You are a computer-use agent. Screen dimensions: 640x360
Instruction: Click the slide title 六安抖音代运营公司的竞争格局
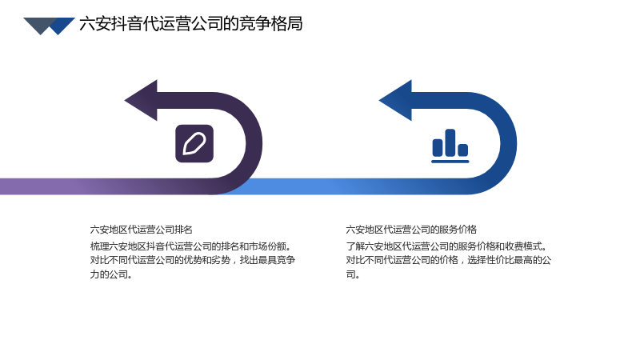(x=191, y=24)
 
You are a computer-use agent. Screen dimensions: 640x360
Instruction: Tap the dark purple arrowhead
(x=142, y=101)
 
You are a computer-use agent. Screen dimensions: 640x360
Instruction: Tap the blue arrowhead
(x=396, y=101)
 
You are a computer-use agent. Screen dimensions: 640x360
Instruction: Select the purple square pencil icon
(x=194, y=144)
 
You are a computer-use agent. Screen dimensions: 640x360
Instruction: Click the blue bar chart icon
(x=450, y=146)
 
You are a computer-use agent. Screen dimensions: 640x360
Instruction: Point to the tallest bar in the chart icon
(x=450, y=142)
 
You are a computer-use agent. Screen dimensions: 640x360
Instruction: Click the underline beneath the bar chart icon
(x=450, y=162)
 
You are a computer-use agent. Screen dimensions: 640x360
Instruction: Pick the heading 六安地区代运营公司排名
(x=142, y=230)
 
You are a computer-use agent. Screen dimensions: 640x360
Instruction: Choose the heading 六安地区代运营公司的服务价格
(x=411, y=230)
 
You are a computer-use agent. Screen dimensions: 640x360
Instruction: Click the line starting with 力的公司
(x=111, y=274)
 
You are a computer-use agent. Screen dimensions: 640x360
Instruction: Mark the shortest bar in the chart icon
(x=463, y=150)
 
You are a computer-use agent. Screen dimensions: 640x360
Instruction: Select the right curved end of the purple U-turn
(x=254, y=144)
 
